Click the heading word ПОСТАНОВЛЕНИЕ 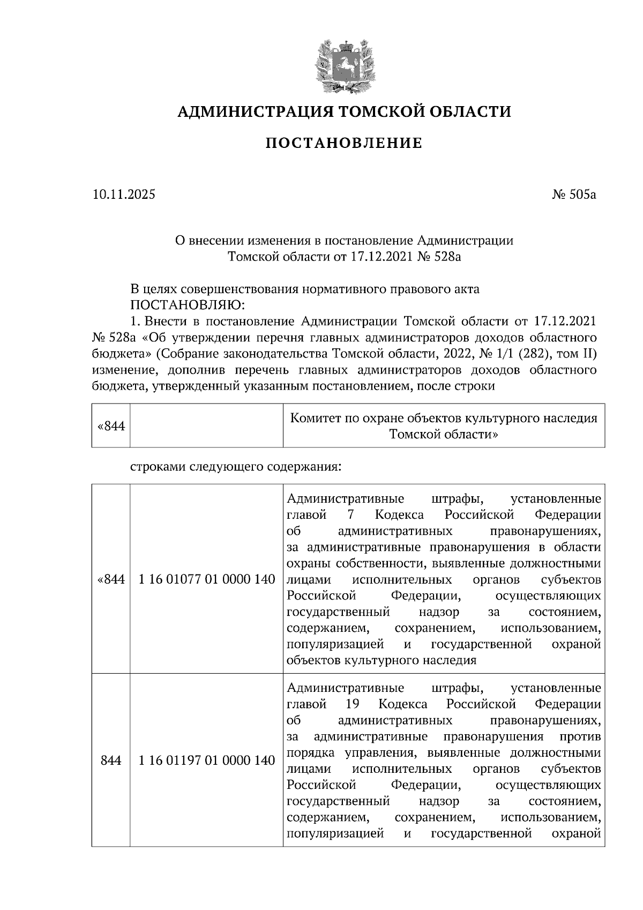click(343, 143)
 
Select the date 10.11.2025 click(123, 195)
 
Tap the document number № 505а click(574, 195)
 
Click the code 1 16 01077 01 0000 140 click(207, 579)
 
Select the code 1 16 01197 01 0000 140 click(207, 760)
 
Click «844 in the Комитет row click(111, 427)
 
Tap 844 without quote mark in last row click(111, 760)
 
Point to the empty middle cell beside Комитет click(207, 426)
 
